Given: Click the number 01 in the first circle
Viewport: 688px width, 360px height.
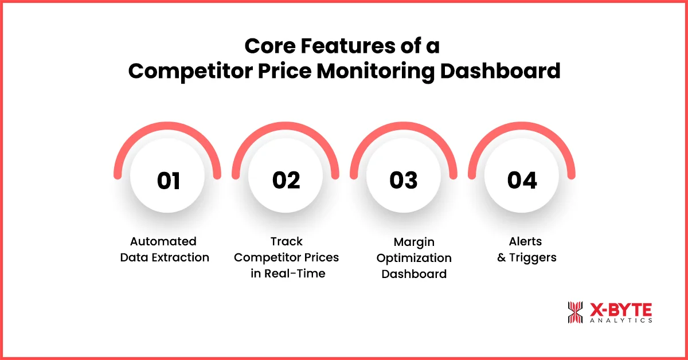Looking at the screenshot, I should click(168, 181).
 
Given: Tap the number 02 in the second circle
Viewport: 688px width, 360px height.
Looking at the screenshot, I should click(286, 181).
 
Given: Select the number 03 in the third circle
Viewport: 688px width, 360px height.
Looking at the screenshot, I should click(404, 181).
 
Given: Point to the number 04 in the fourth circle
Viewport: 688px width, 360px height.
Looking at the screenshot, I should click(522, 181).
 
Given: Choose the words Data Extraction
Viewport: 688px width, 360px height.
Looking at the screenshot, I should click(165, 257).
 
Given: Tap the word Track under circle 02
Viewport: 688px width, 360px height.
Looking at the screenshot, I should click(286, 241).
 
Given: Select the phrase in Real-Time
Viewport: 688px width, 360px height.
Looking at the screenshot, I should click(288, 273).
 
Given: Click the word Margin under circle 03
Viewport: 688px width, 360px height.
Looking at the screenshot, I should click(414, 241).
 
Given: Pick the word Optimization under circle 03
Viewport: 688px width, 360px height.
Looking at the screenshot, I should click(414, 257).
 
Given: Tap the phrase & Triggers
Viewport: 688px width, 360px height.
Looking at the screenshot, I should click(526, 257).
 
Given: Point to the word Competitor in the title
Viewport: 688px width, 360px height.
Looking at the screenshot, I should click(186, 71).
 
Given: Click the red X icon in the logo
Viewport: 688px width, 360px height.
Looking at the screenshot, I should click(575, 312).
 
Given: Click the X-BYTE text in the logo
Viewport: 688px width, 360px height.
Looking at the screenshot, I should click(621, 310).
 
